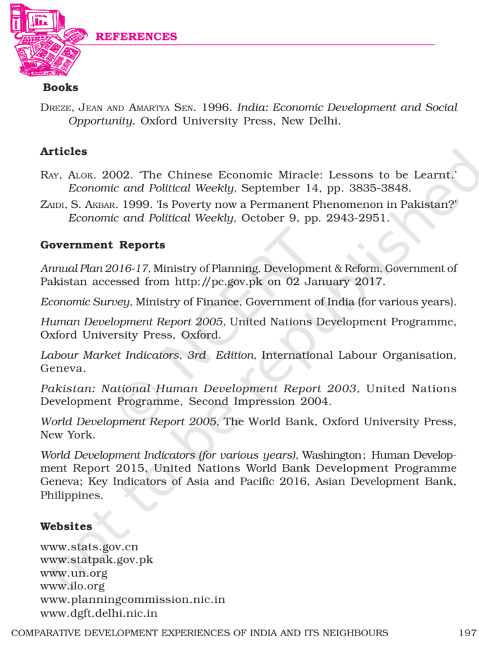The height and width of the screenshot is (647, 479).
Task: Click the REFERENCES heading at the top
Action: [136, 37]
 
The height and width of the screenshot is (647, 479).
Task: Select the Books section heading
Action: [61, 87]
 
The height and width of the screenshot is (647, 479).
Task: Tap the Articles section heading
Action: [63, 152]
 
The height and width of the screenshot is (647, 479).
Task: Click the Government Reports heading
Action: [103, 245]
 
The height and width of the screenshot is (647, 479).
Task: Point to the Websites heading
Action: [66, 526]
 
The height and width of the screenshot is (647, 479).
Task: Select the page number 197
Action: [467, 632]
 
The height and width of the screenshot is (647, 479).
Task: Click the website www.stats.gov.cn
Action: [89, 547]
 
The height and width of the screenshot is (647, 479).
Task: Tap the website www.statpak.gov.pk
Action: [96, 560]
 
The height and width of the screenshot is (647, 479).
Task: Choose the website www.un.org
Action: [73, 573]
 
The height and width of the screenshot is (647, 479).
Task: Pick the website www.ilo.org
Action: [72, 586]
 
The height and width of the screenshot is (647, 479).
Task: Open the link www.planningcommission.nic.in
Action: [132, 600]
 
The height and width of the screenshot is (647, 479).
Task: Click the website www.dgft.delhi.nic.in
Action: [99, 613]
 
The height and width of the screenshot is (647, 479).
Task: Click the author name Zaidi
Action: [53, 205]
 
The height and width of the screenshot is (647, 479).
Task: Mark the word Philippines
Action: [72, 496]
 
